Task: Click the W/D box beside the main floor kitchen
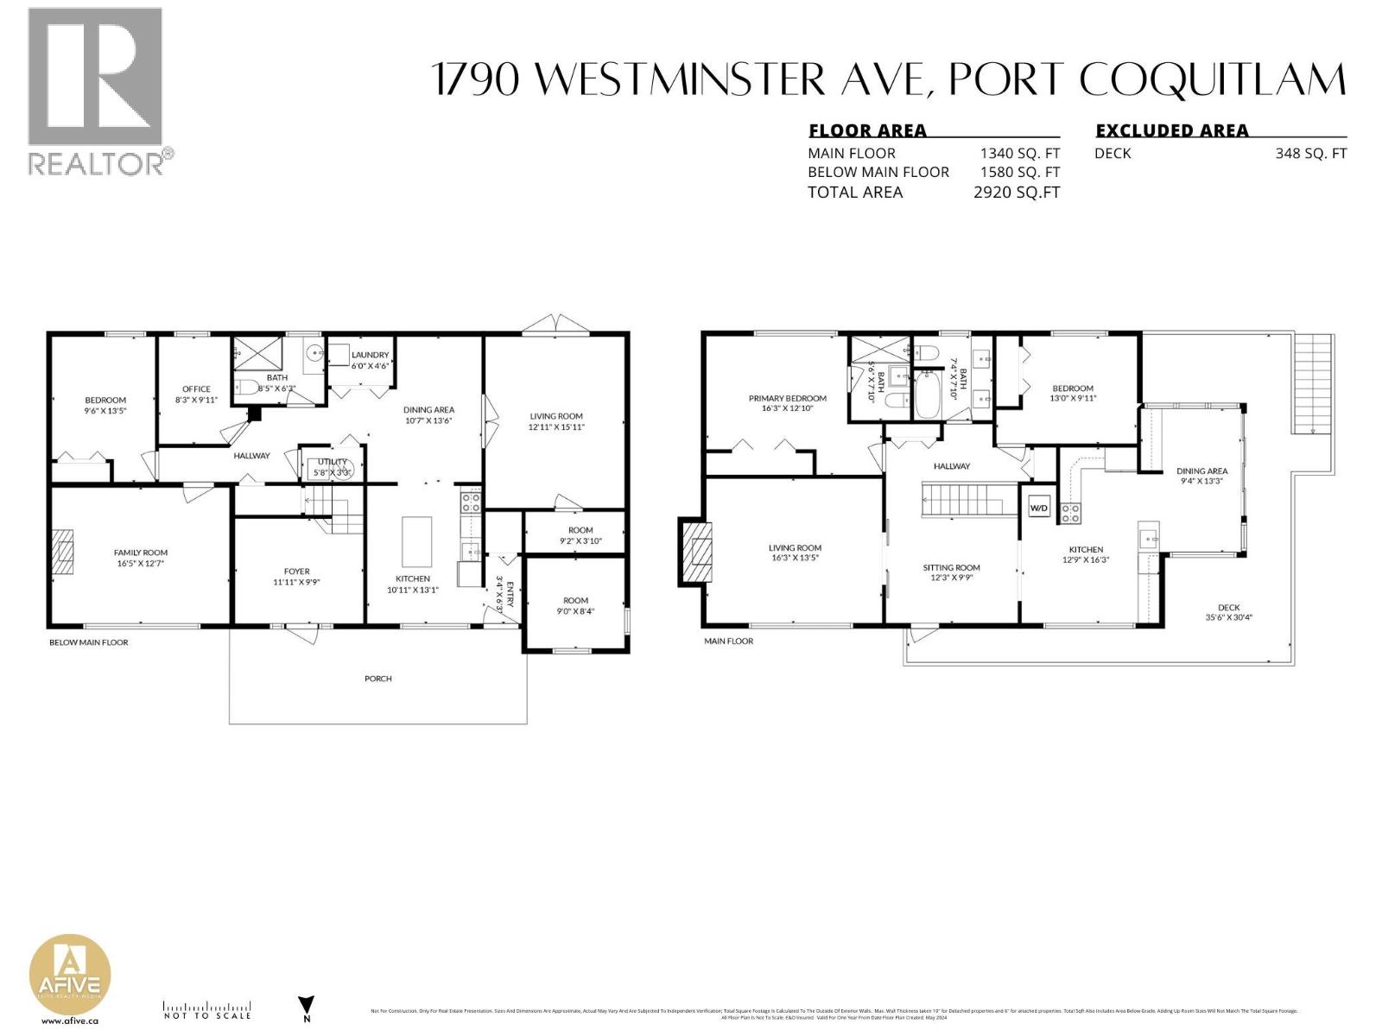1038,509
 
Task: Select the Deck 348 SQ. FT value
1310,154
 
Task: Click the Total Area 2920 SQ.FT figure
1016,193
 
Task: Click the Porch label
378,679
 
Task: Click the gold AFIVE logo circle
70,980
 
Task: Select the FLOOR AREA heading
867,131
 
